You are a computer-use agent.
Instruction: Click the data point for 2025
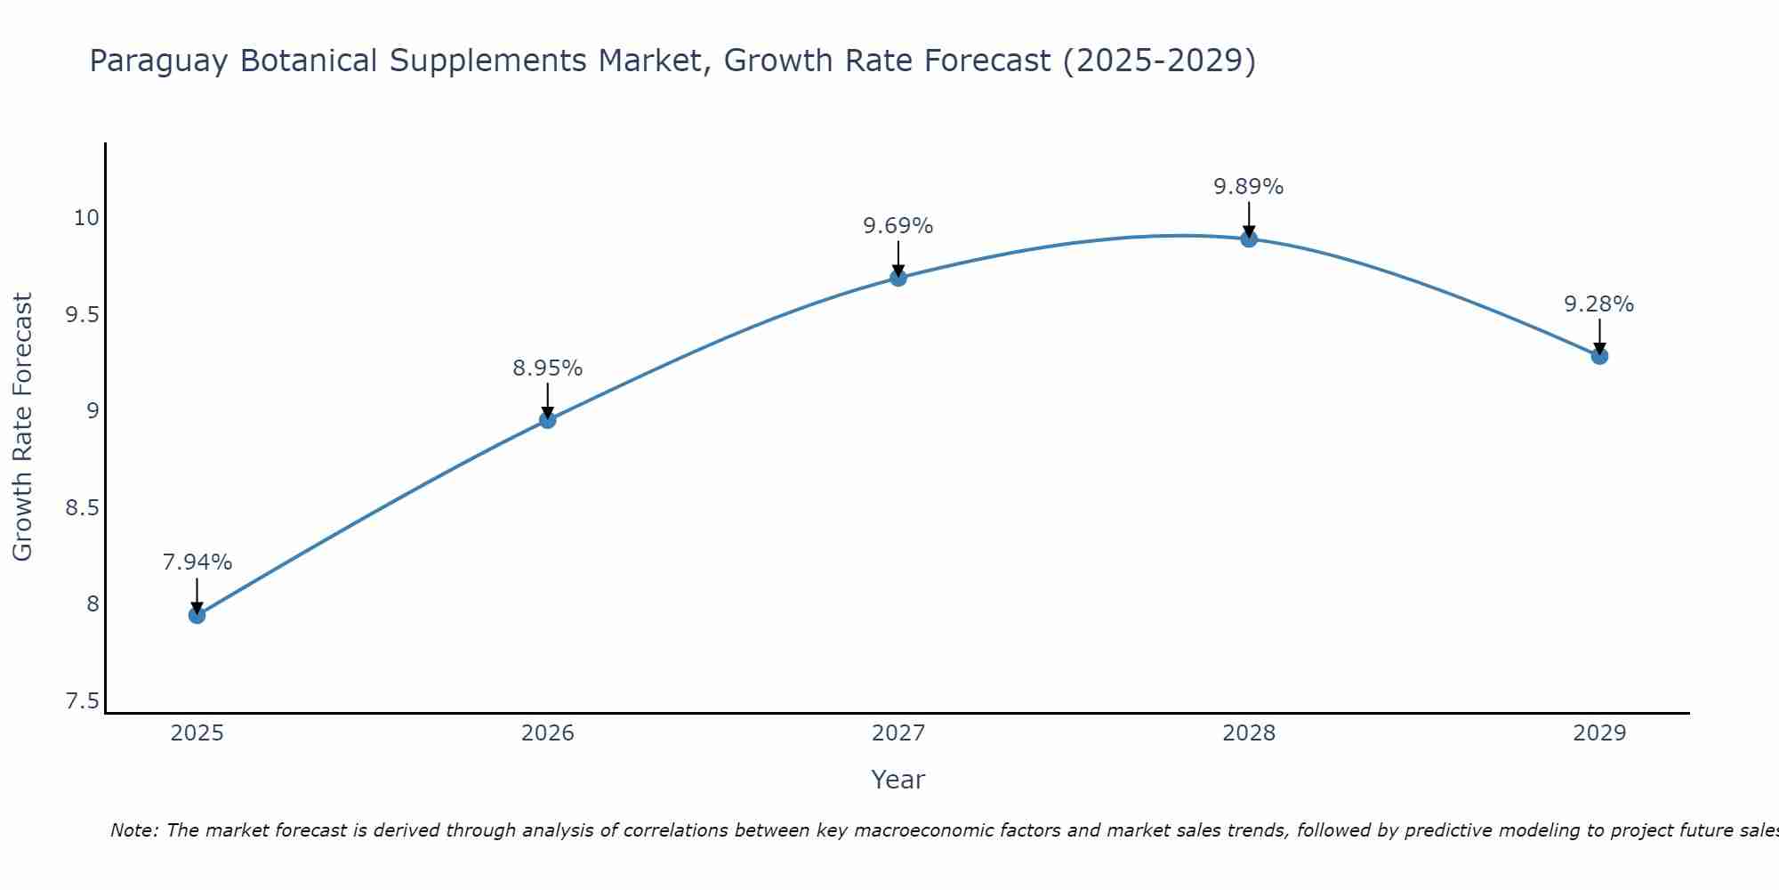197,615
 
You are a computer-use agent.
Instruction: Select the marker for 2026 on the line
548,420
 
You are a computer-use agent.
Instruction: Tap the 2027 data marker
898,278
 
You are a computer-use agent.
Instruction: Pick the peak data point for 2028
1249,239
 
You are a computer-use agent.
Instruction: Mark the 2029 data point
1599,356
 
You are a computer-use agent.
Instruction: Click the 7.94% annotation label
197,562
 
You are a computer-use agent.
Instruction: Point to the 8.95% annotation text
548,368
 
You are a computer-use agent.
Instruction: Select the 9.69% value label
898,226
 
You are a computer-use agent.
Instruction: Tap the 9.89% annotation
1249,187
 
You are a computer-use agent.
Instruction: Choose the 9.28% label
1599,304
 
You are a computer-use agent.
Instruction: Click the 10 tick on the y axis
86,218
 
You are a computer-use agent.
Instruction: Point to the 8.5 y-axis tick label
82,508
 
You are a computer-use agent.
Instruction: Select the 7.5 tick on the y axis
82,701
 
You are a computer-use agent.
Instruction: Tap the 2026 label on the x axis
548,733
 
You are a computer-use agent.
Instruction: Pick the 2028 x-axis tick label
1249,733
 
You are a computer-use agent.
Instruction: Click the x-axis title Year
898,780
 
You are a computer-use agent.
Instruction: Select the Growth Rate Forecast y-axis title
23,427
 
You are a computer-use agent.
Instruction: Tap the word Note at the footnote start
133,830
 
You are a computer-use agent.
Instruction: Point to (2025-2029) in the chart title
1159,61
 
